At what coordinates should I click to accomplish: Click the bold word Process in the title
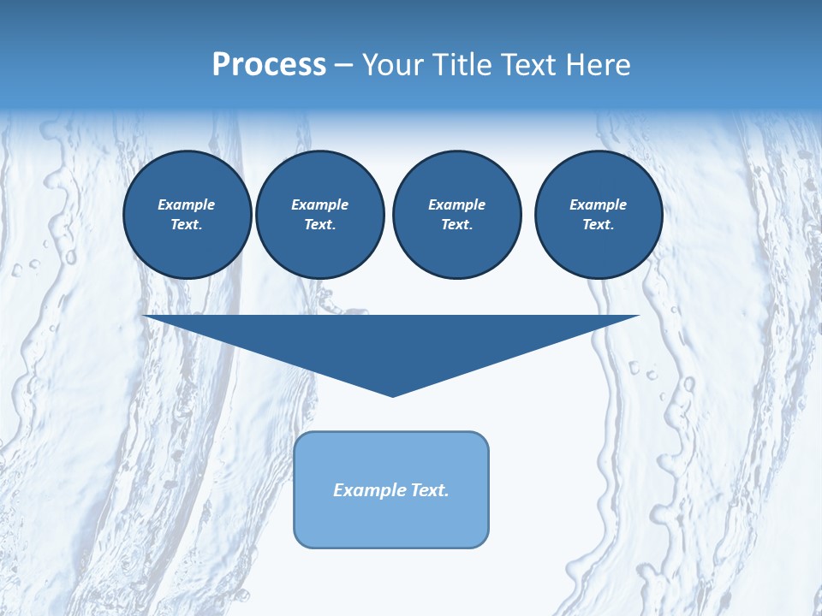click(269, 65)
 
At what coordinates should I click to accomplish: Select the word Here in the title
click(597, 65)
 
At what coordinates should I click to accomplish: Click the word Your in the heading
click(394, 65)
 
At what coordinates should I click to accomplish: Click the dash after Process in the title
click(343, 66)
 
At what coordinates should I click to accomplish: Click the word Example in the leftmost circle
click(187, 204)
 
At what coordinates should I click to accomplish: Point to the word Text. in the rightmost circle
click(598, 224)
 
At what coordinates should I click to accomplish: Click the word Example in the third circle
click(456, 204)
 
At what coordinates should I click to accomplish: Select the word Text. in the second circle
click(319, 224)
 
